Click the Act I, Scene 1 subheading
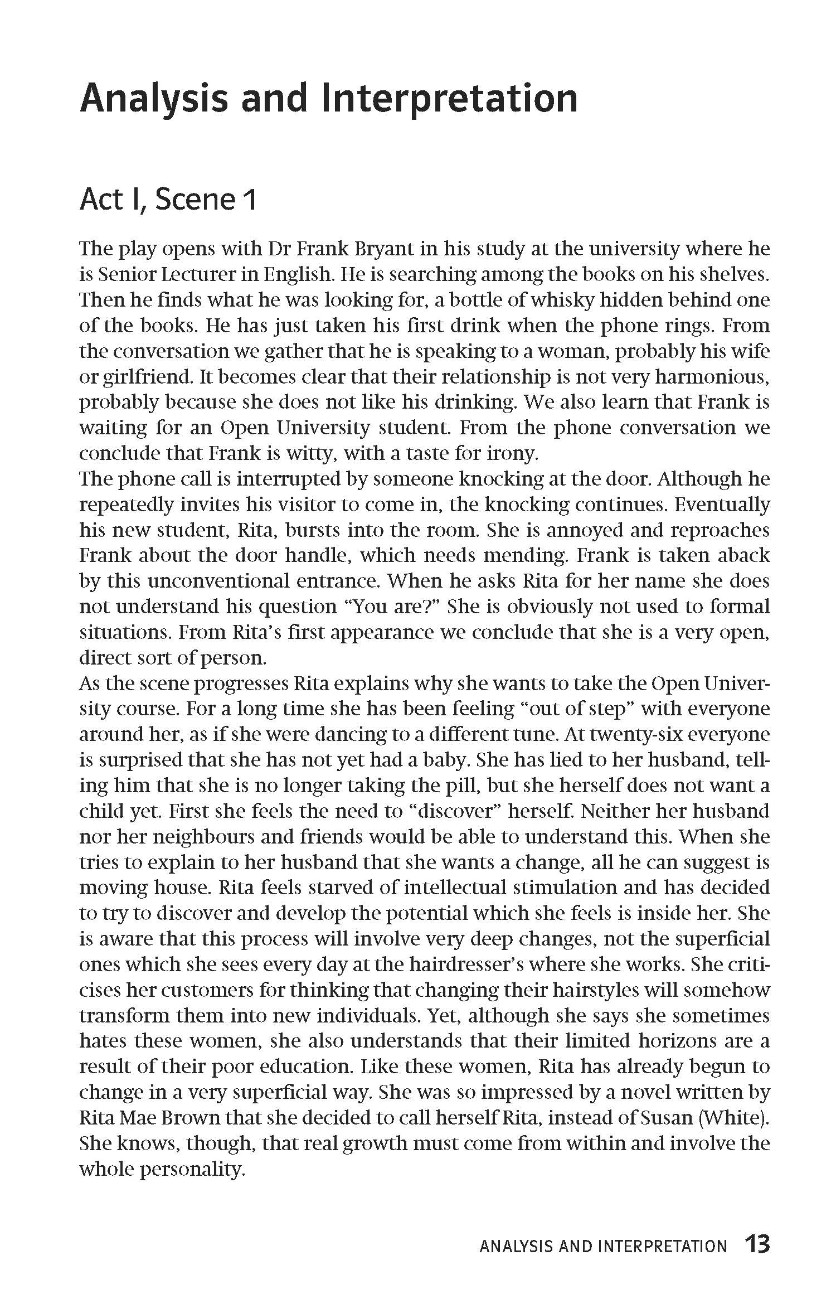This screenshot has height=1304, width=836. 168,200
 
